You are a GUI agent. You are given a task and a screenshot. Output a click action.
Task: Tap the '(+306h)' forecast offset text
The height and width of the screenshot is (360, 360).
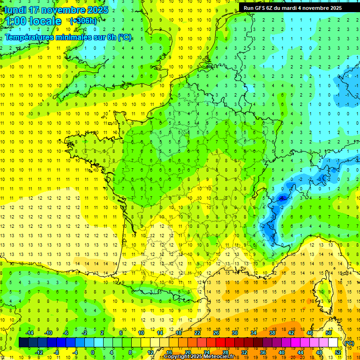(x=83, y=21)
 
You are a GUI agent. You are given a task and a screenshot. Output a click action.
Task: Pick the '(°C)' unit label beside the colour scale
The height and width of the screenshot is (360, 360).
(x=349, y=343)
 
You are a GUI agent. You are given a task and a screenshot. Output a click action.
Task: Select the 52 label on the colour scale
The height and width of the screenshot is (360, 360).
(x=338, y=352)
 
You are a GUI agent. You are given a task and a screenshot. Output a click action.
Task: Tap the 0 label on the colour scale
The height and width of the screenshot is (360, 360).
(x=92, y=352)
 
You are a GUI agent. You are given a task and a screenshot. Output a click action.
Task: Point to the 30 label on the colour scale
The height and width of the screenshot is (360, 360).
(x=234, y=333)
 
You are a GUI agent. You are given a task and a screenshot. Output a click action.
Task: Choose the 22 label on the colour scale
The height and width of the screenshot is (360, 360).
(x=197, y=333)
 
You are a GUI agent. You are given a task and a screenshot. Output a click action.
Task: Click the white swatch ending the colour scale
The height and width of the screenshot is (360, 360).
(x=333, y=343)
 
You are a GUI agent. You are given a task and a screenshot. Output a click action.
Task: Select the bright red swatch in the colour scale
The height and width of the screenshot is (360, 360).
(x=221, y=343)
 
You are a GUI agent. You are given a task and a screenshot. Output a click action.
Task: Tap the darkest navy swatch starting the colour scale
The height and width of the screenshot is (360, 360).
(x=24, y=343)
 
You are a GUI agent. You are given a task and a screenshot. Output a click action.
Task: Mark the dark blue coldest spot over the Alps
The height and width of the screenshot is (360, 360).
(x=282, y=198)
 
